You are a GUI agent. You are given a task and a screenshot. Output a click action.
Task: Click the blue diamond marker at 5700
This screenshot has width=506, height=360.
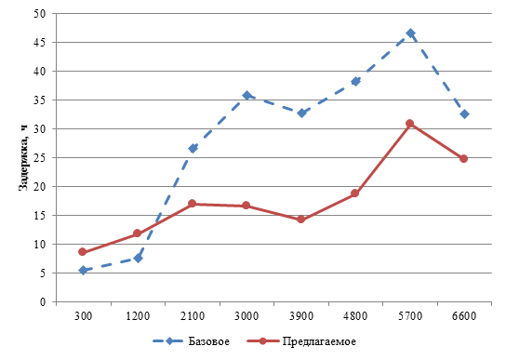(x=410, y=33)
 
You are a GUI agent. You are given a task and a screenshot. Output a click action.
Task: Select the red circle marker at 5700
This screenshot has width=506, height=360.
(x=410, y=124)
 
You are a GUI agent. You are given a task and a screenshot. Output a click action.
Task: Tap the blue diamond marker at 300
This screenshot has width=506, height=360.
(x=83, y=271)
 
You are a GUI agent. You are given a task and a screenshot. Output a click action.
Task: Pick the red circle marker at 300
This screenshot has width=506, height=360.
(x=82, y=252)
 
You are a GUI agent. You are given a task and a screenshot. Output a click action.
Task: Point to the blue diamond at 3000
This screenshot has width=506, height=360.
(x=246, y=96)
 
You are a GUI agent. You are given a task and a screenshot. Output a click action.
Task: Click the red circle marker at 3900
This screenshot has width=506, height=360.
(x=300, y=220)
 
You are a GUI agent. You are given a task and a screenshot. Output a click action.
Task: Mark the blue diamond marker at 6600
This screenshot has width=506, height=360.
(x=465, y=114)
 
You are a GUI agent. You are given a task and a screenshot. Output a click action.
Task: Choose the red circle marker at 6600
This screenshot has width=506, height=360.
(x=464, y=158)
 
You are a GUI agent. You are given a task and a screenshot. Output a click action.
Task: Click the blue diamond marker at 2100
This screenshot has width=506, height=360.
(x=193, y=149)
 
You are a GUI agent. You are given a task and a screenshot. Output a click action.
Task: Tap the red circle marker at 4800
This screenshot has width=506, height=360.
(x=354, y=193)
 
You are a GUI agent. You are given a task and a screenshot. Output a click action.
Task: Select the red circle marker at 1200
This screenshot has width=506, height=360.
(x=137, y=233)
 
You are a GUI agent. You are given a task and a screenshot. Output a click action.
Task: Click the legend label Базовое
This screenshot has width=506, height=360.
(x=208, y=341)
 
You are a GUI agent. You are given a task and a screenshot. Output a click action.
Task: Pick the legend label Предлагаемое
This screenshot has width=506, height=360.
(x=319, y=342)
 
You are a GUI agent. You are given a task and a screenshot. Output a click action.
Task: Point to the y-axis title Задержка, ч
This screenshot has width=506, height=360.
(x=23, y=158)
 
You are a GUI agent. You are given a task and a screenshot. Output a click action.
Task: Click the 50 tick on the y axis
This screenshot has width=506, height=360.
(x=40, y=14)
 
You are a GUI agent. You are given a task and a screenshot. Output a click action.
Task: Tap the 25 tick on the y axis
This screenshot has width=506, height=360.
(x=40, y=158)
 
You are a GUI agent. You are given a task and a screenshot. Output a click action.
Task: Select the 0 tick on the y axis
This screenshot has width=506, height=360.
(x=43, y=302)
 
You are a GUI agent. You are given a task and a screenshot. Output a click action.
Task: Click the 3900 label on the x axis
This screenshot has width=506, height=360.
(x=301, y=316)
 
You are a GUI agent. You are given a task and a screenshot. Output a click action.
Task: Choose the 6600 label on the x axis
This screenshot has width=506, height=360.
(x=464, y=316)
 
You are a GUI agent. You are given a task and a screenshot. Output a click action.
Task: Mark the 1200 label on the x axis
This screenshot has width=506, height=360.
(x=138, y=316)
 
